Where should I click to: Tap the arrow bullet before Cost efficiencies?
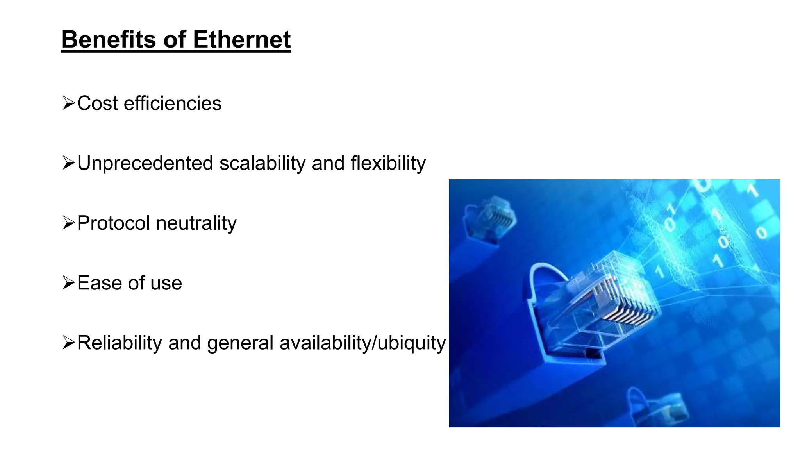68,104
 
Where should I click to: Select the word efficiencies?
172,104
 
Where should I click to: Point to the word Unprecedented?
145,163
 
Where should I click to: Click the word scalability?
262,163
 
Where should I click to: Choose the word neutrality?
196,223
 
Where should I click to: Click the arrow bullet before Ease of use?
68,283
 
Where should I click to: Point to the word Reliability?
120,343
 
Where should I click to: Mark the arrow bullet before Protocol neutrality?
68,223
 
